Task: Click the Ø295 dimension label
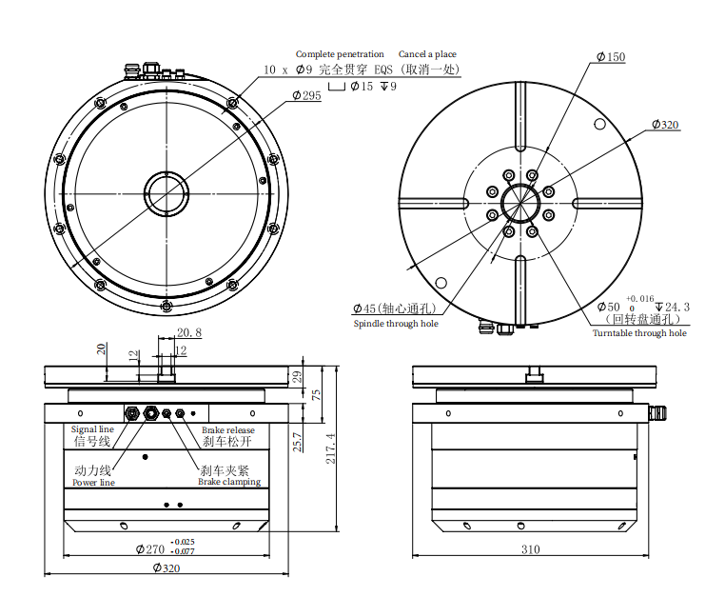(306, 96)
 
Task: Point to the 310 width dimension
(530, 549)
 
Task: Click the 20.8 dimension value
(188, 332)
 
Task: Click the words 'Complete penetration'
(340, 54)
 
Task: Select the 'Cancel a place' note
(427, 54)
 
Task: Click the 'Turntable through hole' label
(639, 332)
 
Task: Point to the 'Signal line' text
(93, 429)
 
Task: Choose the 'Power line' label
(93, 483)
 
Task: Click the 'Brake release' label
(227, 430)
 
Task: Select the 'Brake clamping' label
(228, 482)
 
